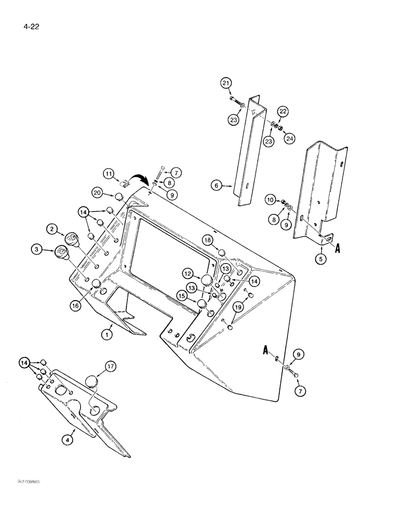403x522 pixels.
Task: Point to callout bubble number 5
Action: pyautogui.click(x=322, y=257)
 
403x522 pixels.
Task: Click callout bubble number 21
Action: pyautogui.click(x=225, y=83)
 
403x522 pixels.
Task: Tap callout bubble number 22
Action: pyautogui.click(x=282, y=111)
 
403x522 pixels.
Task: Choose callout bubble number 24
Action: pyautogui.click(x=288, y=138)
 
